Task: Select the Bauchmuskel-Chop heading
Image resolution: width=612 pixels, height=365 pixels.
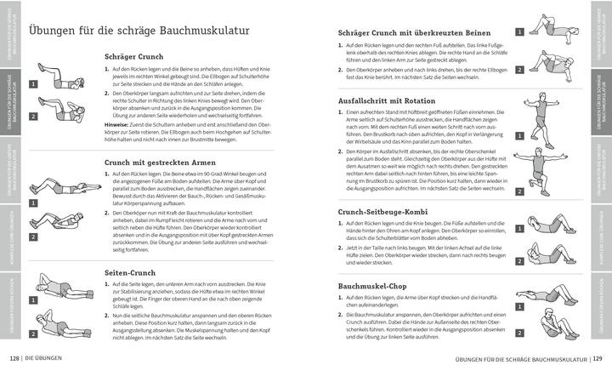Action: point(372,286)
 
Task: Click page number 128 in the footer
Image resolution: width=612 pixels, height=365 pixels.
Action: point(14,356)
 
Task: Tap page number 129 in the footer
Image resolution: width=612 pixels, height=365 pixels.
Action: point(596,356)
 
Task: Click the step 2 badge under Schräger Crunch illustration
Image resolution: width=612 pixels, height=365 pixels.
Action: point(32,116)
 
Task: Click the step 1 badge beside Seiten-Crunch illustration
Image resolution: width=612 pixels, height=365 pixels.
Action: point(32,299)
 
